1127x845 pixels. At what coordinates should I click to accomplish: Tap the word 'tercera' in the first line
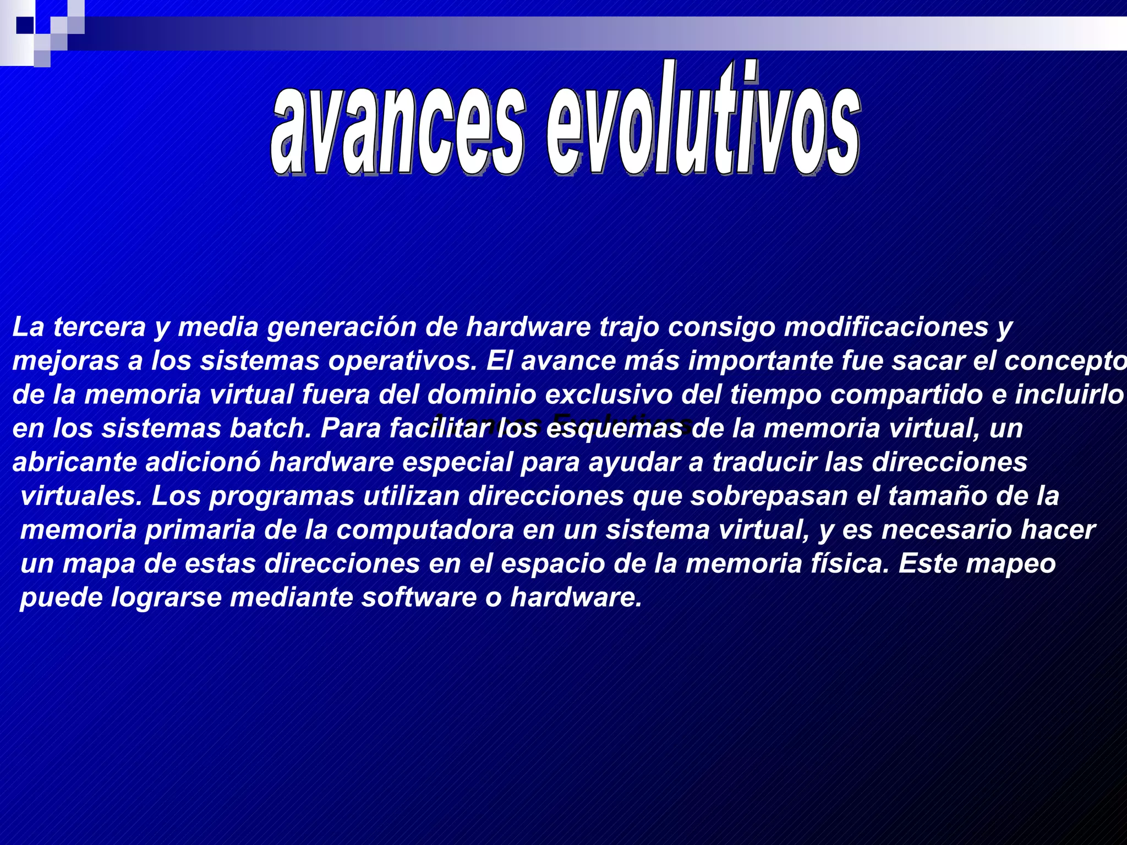point(100,327)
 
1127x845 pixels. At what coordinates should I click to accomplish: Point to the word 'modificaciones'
point(886,327)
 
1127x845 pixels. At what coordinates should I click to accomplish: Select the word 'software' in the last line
point(419,598)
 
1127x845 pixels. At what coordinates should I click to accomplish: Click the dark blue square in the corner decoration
point(25,25)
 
